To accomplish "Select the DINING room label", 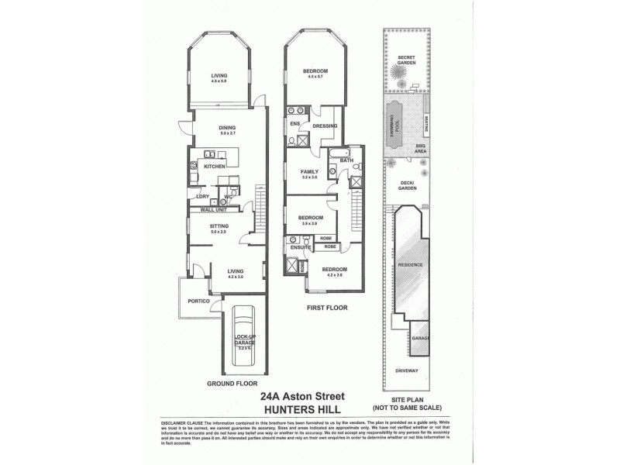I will (x=226, y=129).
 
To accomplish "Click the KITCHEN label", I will (x=215, y=166).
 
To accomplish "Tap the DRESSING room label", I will (x=325, y=126).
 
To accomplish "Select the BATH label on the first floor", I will (x=346, y=160).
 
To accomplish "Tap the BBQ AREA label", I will (x=420, y=151).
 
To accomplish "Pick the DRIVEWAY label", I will (x=407, y=371).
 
